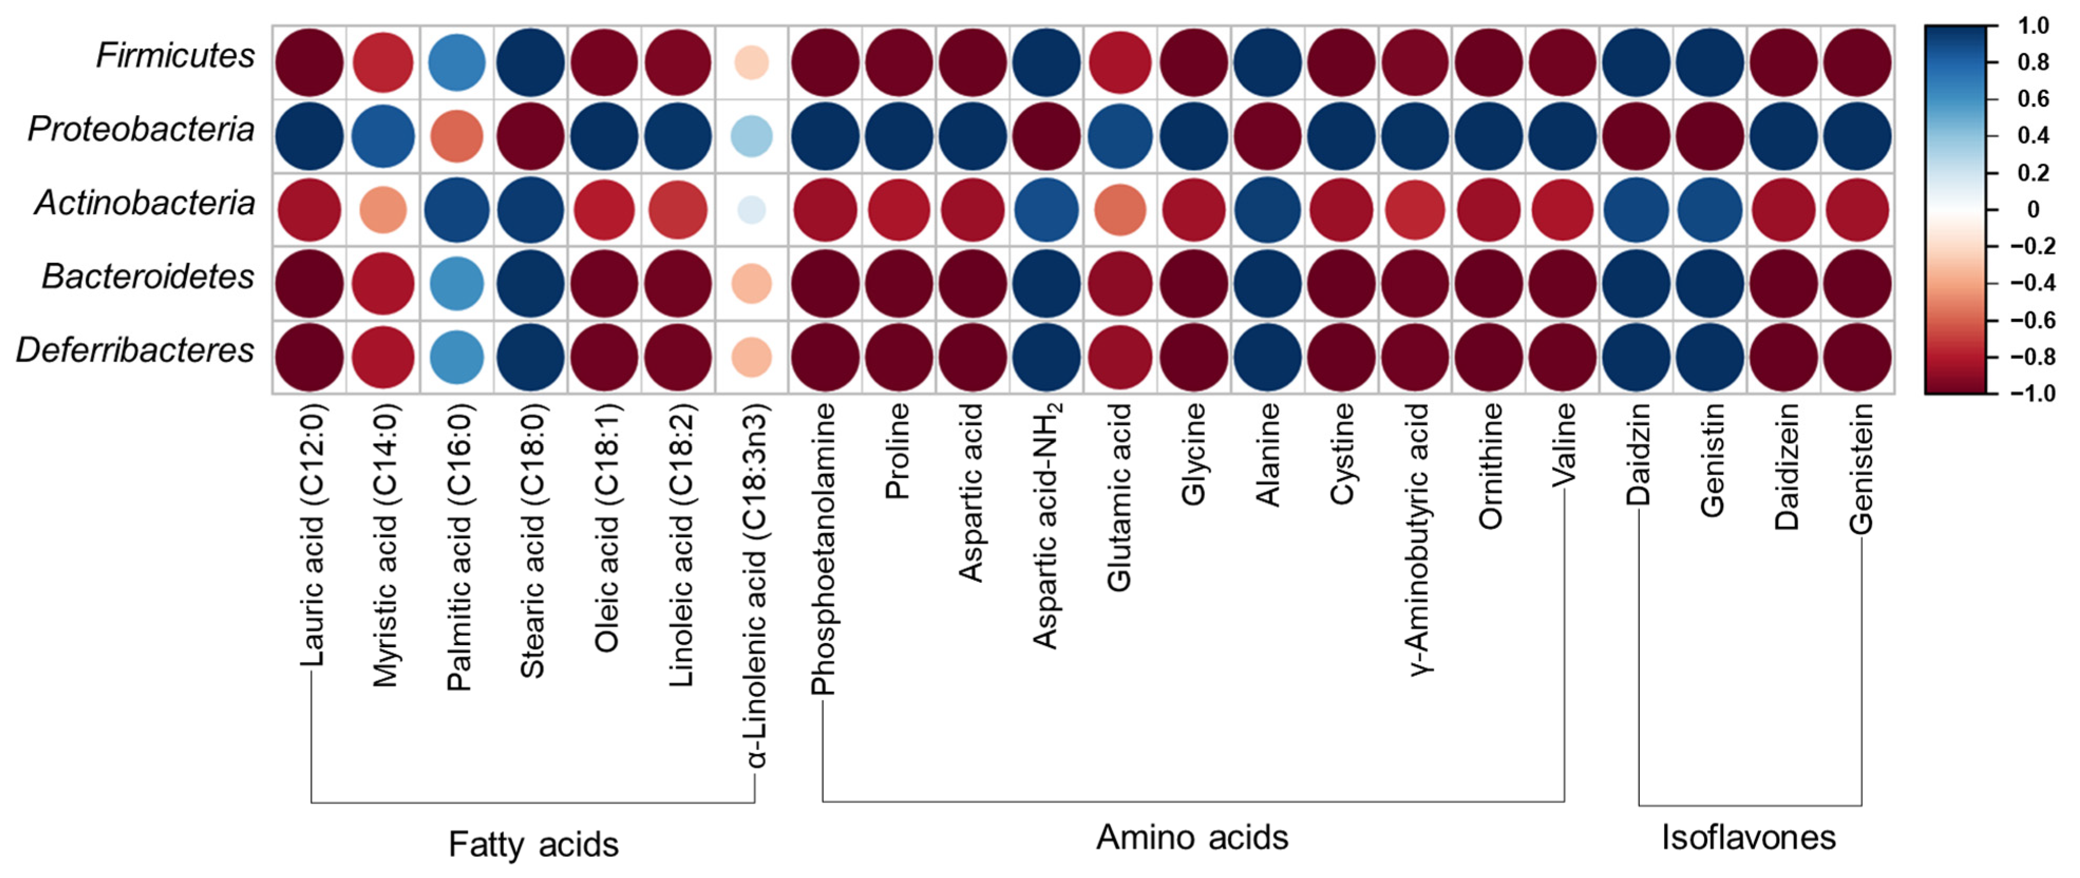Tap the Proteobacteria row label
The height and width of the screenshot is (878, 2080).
coord(141,129)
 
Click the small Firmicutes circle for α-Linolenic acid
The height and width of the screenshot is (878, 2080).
coord(752,62)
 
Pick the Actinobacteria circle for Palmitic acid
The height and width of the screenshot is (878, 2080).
coord(457,210)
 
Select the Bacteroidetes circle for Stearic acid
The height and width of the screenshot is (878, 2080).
coord(530,284)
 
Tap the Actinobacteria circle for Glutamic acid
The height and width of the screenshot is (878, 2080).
coord(1120,210)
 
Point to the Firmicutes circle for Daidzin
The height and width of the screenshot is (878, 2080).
coord(1637,62)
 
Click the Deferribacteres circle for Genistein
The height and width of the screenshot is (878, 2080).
coord(1858,357)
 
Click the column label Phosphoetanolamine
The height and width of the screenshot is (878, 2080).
coord(823,549)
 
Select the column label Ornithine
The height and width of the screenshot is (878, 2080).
coord(1490,466)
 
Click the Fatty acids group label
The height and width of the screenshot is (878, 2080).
coord(533,845)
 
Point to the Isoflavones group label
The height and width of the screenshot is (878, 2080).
coord(1748,838)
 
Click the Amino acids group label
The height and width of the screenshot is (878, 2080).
coord(1192,838)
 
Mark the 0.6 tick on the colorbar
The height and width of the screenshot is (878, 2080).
coord(2032,99)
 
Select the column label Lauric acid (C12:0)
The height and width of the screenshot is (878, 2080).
coord(312,535)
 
